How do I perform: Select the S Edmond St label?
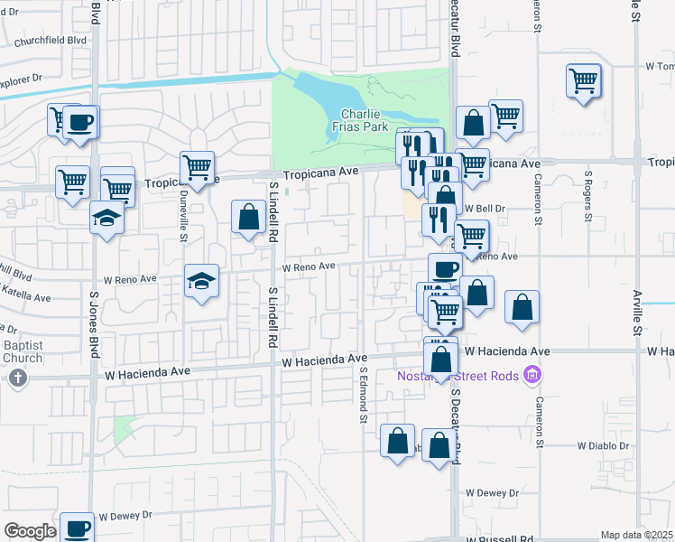(x=364, y=394)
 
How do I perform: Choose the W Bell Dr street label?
(x=483, y=207)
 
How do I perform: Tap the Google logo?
(x=29, y=531)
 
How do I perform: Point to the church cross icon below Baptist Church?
(x=16, y=378)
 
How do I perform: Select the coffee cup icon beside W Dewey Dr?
(x=78, y=527)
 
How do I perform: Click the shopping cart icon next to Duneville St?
(x=197, y=166)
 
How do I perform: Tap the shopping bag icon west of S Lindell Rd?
(x=248, y=217)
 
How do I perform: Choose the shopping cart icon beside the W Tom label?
(x=584, y=80)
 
